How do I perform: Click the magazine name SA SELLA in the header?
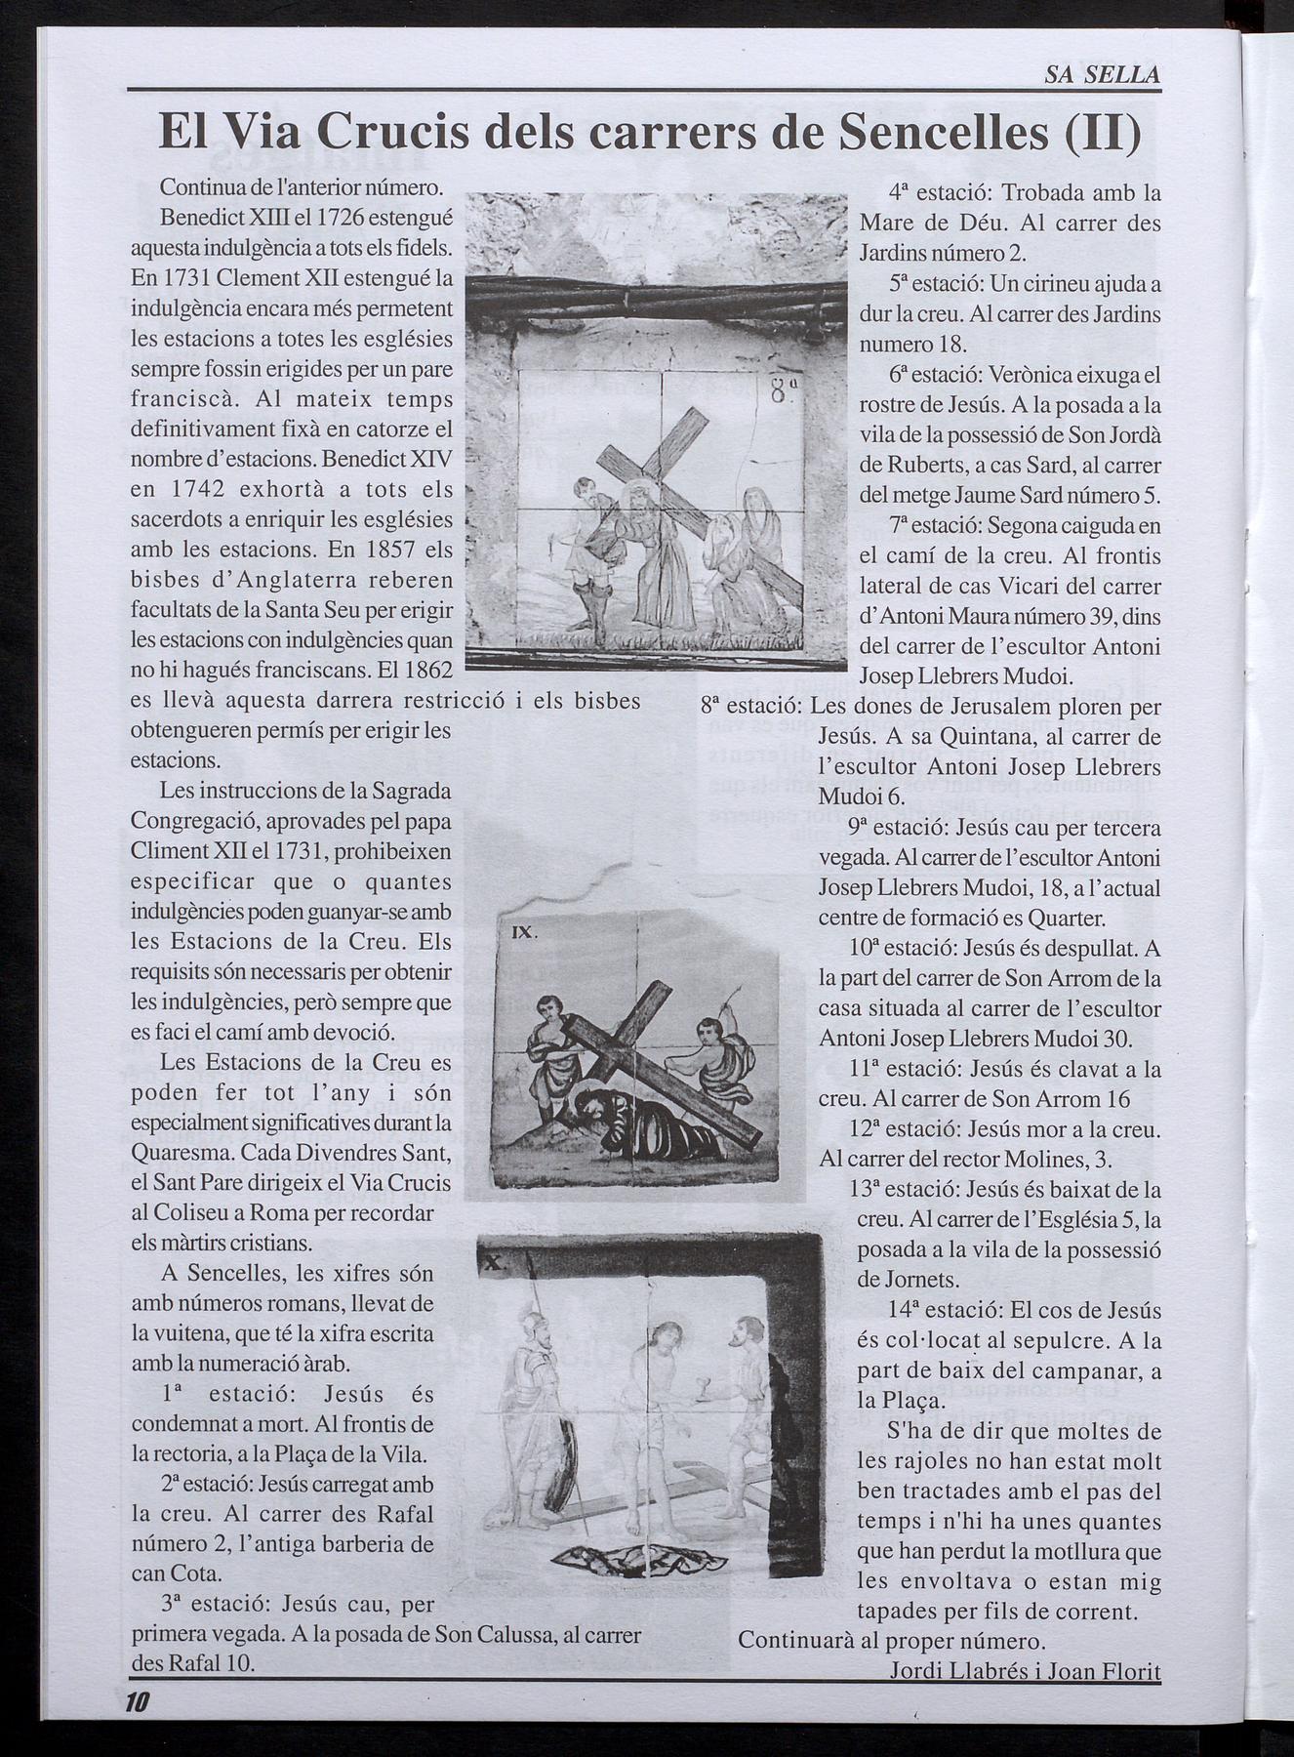pyautogui.click(x=1102, y=74)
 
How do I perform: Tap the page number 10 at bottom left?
pyautogui.click(x=136, y=1702)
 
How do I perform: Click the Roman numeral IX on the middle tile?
pyautogui.click(x=524, y=932)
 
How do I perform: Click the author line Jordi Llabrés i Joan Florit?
pyautogui.click(x=1025, y=1671)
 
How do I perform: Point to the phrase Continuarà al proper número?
pyautogui.click(x=892, y=1640)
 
